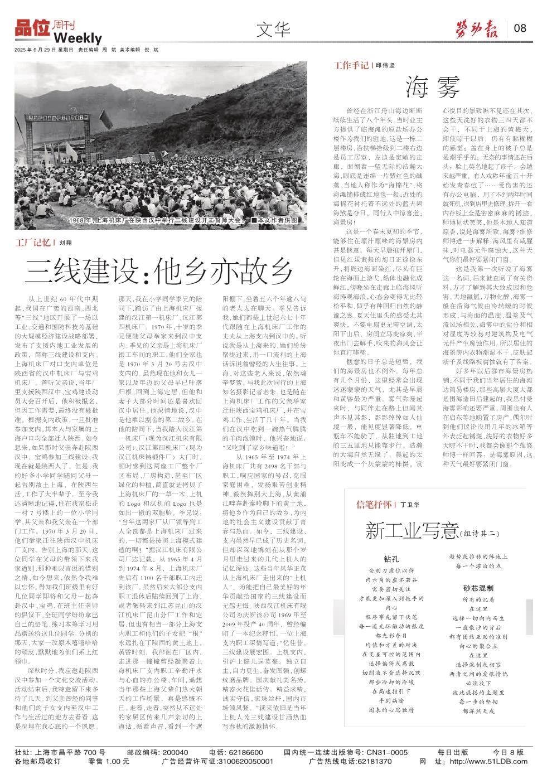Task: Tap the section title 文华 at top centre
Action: coord(273,30)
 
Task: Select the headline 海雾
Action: coord(433,86)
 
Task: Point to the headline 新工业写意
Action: coord(412,530)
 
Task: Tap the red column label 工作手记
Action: coord(351,65)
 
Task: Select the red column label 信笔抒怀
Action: coord(375,505)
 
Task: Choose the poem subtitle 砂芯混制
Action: coord(478,588)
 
